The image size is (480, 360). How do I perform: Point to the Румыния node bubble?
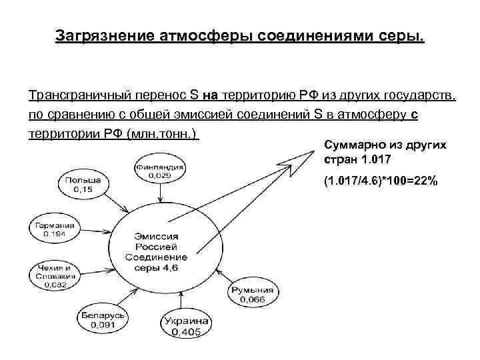(x=253, y=294)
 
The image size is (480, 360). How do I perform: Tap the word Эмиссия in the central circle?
(x=157, y=236)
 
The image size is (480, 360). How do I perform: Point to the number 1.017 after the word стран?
(x=372, y=161)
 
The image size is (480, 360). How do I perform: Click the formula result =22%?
(x=421, y=181)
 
